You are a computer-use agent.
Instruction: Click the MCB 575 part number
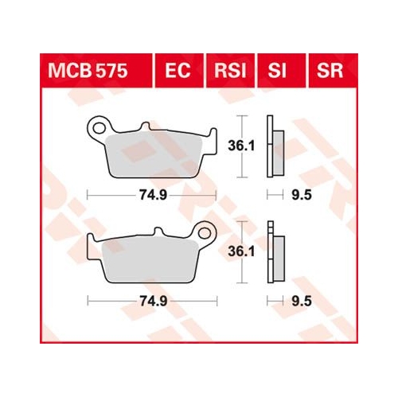pyautogui.click(x=88, y=71)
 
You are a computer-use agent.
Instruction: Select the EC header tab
pyautogui.click(x=178, y=71)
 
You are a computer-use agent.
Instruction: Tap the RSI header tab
pyautogui.click(x=230, y=71)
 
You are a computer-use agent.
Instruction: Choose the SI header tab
pyautogui.click(x=277, y=71)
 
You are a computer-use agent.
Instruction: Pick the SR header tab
pyautogui.click(x=330, y=71)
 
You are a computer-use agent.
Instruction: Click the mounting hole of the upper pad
pyautogui.click(x=99, y=128)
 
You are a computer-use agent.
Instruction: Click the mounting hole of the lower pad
pyautogui.click(x=205, y=233)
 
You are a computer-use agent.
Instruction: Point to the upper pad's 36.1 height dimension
pyautogui.click(x=241, y=146)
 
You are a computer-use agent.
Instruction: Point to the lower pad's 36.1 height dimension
pyautogui.click(x=241, y=251)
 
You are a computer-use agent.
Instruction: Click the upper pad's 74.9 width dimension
pyautogui.click(x=153, y=196)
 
